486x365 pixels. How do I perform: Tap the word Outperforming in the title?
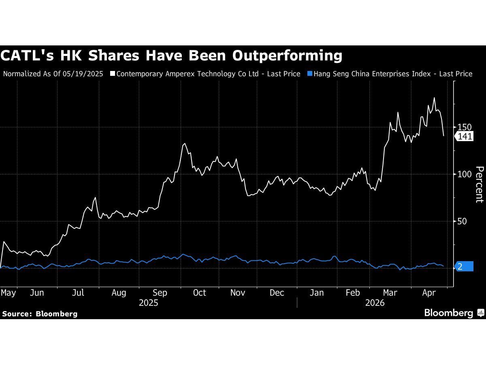tap(287, 55)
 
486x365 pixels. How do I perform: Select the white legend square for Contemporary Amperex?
tap(113, 74)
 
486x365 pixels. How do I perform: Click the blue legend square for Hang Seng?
tap(310, 74)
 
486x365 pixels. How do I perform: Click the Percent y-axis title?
tap(479, 185)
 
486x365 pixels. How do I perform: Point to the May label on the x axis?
tap(9, 293)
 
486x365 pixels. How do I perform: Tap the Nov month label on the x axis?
tap(237, 293)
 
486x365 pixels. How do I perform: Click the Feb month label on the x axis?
tap(353, 293)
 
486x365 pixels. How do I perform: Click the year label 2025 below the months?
tap(148, 303)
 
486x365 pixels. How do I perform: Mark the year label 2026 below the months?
tap(375, 303)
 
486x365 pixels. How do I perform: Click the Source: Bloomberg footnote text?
tap(40, 313)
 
